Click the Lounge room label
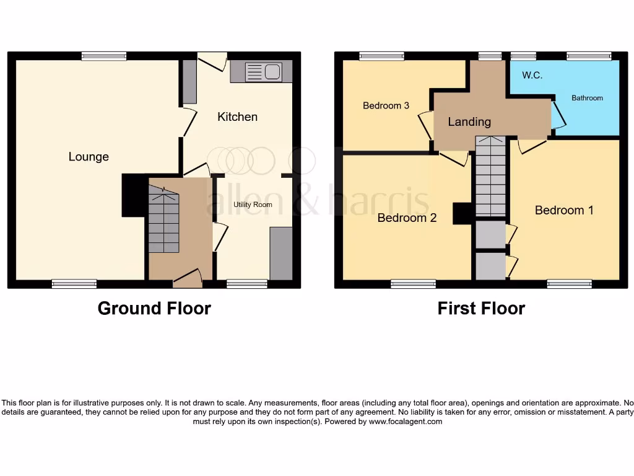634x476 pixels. [x=89, y=157]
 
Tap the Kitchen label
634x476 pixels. [x=237, y=117]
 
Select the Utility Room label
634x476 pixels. [x=253, y=205]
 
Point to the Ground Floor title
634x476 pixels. [x=154, y=308]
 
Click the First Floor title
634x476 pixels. [x=481, y=308]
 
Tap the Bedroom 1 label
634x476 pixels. [x=564, y=211]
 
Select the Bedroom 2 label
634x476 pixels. [x=407, y=218]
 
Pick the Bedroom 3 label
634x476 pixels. [x=386, y=105]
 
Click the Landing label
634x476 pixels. [x=469, y=122]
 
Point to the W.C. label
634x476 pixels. [x=532, y=76]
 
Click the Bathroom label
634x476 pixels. [x=587, y=98]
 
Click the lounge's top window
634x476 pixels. [x=104, y=56]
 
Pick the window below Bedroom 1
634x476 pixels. [x=569, y=284]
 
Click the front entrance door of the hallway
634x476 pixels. [x=188, y=279]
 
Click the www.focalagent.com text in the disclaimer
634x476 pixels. [x=406, y=421]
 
